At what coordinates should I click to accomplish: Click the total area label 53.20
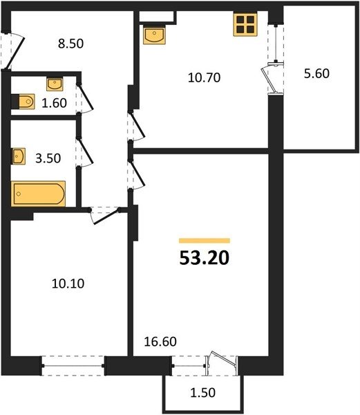click(x=205, y=258)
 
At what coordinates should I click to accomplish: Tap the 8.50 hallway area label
click(x=71, y=44)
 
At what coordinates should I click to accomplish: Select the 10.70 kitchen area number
click(x=204, y=77)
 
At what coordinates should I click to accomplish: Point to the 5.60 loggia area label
click(x=316, y=73)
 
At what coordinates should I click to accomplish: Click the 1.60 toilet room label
click(x=54, y=103)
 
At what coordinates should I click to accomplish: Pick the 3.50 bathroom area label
click(x=48, y=158)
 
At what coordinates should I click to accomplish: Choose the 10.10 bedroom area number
click(x=68, y=284)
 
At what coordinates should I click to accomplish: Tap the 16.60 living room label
click(x=160, y=342)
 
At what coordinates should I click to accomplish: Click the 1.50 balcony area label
click(x=202, y=392)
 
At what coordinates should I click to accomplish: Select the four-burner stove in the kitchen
click(x=245, y=24)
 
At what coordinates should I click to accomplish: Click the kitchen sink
click(x=155, y=35)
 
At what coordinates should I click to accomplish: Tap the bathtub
click(x=38, y=194)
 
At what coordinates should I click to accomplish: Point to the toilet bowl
click(x=23, y=101)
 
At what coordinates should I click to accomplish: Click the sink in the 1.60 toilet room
click(x=55, y=84)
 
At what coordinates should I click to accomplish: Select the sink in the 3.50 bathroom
click(x=18, y=156)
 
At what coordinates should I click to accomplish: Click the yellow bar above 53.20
click(x=205, y=241)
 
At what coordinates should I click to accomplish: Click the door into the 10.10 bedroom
click(x=105, y=215)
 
